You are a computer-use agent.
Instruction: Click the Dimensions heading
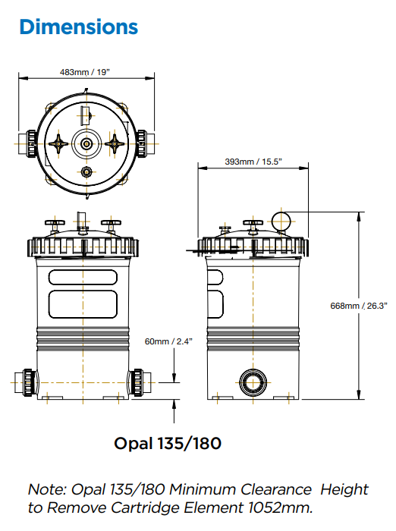coord(79,27)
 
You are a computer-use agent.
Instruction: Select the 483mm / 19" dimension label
coord(85,72)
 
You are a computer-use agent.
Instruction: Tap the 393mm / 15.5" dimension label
coord(254,162)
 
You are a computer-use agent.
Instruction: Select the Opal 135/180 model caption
coord(168,442)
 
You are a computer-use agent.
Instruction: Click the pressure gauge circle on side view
coord(282,220)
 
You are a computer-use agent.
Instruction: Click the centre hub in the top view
coord(87,143)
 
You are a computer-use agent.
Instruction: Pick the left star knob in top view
coord(59,143)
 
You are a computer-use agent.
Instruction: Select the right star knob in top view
coord(115,143)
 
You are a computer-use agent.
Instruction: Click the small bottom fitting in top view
coord(87,171)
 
